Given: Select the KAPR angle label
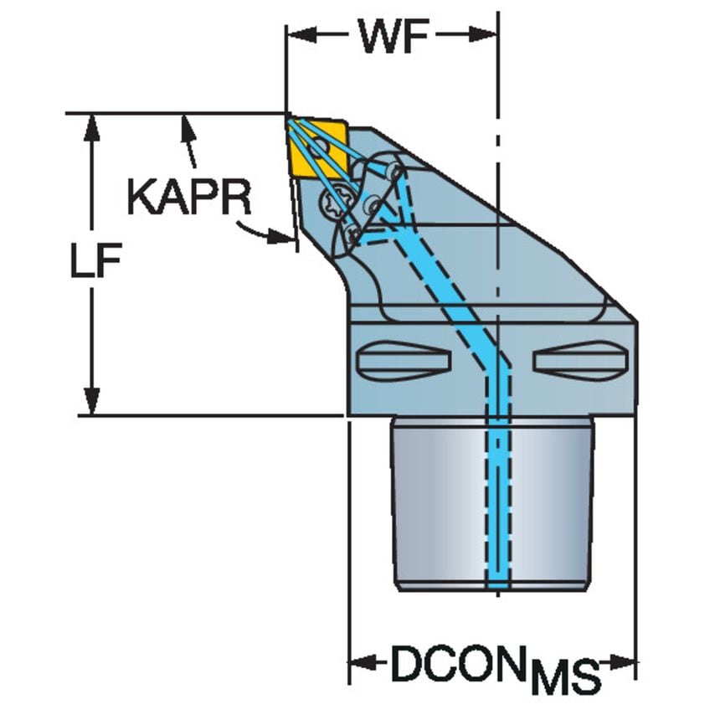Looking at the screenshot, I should coord(188,198).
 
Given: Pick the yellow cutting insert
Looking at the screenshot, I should coord(316,149).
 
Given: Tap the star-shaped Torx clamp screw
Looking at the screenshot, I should coord(337,202).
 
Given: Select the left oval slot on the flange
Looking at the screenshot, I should coord(404,361).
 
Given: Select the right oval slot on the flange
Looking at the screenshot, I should coord(579,361).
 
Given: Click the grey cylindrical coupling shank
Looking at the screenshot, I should coord(494,502).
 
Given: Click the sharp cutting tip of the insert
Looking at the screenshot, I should coord(288,116).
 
